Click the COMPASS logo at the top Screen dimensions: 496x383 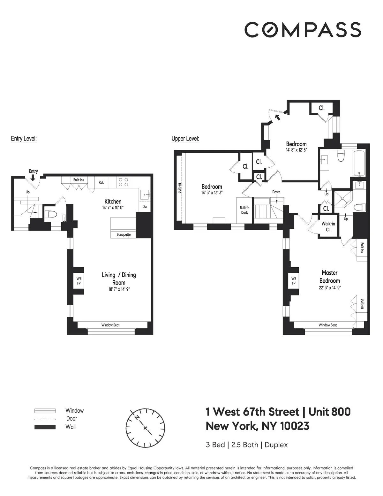(x=303, y=30)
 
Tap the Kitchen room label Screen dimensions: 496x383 (x=113, y=202)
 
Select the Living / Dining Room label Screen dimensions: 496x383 (x=119, y=279)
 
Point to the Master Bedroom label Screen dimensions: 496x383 (x=330, y=277)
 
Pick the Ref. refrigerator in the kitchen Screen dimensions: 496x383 (x=101, y=182)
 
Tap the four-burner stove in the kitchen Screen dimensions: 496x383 (x=124, y=182)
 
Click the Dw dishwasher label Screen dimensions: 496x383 (x=145, y=207)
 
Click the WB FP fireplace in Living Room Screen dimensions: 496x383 (x=79, y=281)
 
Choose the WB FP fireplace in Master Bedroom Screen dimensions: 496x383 (x=294, y=281)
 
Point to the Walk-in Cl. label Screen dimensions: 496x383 (x=328, y=227)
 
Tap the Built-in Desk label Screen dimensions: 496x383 (x=244, y=210)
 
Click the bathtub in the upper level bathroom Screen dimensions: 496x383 (x=360, y=163)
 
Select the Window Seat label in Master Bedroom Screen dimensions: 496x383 (x=328, y=325)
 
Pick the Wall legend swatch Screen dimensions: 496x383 (x=45, y=427)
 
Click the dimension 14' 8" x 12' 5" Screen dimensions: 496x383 (x=296, y=150)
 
